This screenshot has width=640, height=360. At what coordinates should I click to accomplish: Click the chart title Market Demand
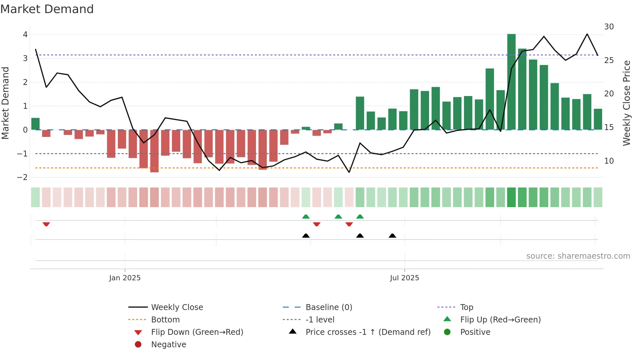[47, 9]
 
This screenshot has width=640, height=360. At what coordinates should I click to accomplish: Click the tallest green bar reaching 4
[511, 82]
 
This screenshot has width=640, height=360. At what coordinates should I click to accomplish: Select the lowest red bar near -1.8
[154, 151]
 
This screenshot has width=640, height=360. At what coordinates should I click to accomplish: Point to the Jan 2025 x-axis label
[125, 278]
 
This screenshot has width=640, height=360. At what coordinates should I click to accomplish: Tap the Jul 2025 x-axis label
[404, 278]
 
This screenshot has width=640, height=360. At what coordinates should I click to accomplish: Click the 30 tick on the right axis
[609, 27]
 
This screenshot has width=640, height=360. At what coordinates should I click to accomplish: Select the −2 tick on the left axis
[23, 177]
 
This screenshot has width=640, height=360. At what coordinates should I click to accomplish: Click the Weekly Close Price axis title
[626, 103]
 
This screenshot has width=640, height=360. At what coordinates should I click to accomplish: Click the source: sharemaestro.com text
[578, 256]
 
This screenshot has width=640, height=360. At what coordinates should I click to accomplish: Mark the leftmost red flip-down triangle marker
[46, 224]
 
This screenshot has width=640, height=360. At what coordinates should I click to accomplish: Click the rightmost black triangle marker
[392, 236]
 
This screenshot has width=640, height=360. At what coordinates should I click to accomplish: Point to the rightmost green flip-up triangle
[360, 217]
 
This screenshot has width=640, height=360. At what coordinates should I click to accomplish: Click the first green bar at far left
[35, 124]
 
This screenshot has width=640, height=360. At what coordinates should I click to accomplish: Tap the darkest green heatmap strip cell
[511, 197]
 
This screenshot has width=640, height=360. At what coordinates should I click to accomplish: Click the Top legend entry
[466, 307]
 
